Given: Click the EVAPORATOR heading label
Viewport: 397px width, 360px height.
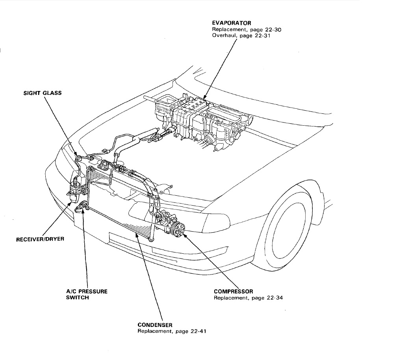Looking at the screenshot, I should [x=231, y=23].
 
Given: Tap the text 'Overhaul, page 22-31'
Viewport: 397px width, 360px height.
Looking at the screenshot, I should [x=241, y=35].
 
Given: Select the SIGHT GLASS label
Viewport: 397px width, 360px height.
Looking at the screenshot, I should [x=43, y=93].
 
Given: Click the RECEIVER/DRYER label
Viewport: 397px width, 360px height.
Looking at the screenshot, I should [x=40, y=239].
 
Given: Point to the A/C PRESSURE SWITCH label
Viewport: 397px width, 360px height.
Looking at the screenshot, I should [x=87, y=295].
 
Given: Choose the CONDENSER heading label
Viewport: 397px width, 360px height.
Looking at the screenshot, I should [x=155, y=325].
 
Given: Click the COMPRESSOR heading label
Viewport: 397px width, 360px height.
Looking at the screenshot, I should [x=234, y=292].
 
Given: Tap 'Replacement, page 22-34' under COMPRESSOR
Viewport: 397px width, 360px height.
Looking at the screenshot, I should [x=248, y=298].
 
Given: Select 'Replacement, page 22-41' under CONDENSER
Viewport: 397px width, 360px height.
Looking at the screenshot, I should [x=172, y=331].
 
